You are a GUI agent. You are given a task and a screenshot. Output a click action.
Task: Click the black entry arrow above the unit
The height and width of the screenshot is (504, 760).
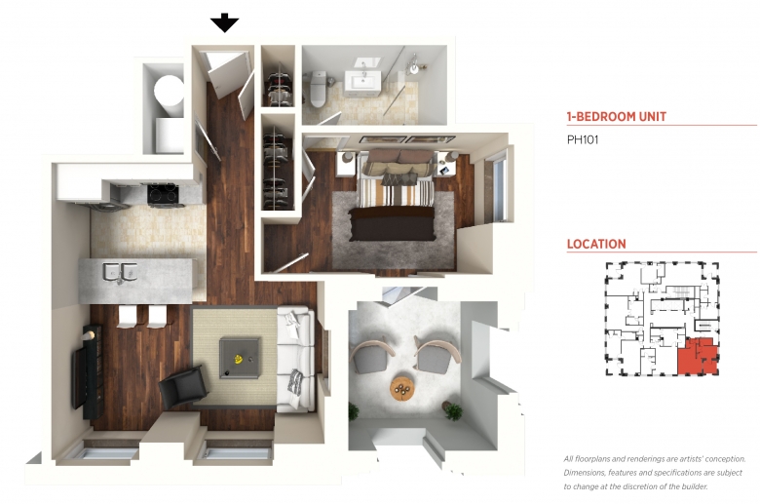pos(224,22)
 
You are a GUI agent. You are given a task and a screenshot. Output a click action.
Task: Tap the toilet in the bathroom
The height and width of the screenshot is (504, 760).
pos(318,89)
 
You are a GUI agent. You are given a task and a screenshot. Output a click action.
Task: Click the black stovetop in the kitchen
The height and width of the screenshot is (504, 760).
pos(163,194)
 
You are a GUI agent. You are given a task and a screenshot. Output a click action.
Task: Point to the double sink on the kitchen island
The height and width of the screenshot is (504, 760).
pos(119,271)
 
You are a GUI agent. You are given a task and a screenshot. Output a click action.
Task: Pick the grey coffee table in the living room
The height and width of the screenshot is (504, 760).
pos(239,358)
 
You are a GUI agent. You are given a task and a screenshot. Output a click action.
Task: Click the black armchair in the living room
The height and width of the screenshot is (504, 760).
pos(184,387)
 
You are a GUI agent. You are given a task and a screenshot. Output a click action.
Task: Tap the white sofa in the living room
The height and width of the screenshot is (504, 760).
pos(294,359)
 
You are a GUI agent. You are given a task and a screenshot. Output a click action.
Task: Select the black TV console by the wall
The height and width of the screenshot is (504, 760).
pos(88,372)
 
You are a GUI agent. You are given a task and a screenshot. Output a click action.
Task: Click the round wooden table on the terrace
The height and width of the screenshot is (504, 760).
pos(402,388)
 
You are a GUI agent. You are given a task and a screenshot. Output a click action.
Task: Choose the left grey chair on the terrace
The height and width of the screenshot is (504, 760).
pos(371,355)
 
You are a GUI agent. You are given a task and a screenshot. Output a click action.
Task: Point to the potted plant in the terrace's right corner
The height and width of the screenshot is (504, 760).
pos(453,410)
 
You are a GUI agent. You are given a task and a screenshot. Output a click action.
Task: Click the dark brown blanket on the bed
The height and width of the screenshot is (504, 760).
pos(393,223)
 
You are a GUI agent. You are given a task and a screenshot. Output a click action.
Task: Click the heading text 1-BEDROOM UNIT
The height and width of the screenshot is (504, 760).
pos(617,116)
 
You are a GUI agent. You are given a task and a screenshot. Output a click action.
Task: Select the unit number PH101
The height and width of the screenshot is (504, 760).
pos(583,139)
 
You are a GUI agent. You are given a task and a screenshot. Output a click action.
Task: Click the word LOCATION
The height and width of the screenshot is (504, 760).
pos(596,244)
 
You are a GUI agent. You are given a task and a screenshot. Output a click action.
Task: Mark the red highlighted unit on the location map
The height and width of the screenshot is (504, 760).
pos(696,357)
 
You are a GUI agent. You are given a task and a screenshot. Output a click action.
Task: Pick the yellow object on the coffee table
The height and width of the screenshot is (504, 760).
pos(238,359)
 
